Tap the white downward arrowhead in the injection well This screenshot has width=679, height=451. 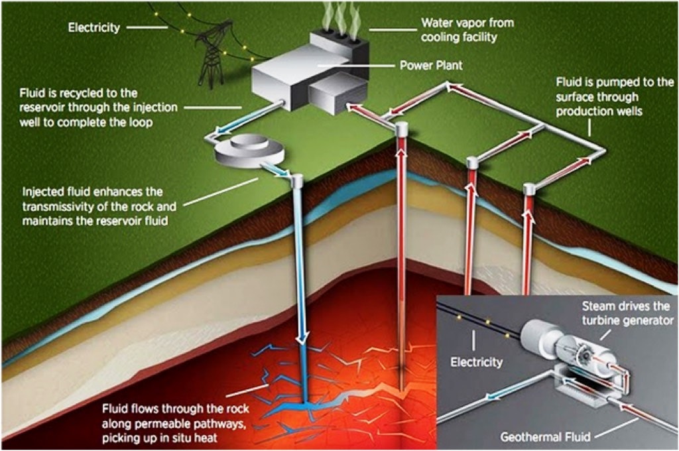[302, 338]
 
